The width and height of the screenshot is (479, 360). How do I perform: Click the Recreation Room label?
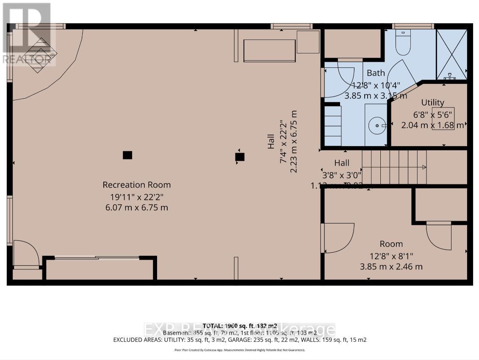coord(136,185)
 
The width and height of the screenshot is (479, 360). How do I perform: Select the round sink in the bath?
coord(376,126)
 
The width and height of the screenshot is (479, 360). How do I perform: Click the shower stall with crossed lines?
coord(451,53)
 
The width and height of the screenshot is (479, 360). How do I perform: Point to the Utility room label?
coord(432,102)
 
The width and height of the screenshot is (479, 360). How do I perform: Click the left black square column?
coord(127,155)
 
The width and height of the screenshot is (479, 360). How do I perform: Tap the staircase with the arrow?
coord(394,168)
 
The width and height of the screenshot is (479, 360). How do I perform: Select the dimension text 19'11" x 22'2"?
coord(136,197)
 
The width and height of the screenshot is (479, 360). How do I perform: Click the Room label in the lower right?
coord(391,244)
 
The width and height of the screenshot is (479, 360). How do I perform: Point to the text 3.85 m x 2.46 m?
coord(391,267)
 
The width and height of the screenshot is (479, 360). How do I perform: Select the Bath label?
coord(376,73)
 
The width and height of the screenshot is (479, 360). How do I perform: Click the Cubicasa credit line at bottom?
coord(239,350)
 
